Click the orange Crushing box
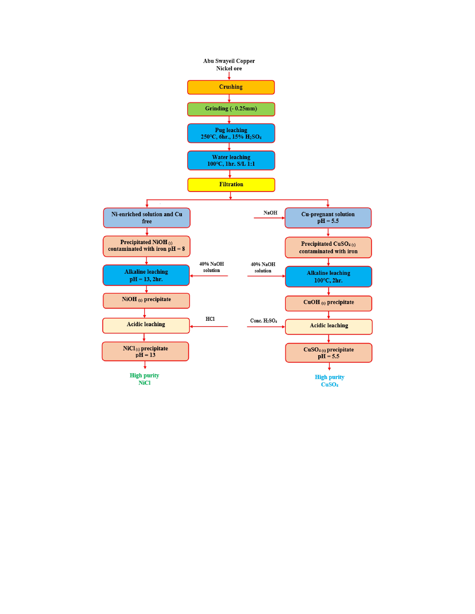point(231,87)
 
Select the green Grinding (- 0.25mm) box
point(231,109)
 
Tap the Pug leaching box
point(231,133)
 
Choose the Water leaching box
point(231,161)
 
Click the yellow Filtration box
point(231,185)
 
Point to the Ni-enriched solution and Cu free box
point(147,218)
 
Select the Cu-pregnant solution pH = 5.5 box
point(328,218)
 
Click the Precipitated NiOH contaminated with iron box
point(146,246)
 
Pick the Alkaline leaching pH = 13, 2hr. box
point(146,275)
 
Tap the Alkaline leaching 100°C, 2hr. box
point(328,277)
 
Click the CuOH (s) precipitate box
point(328,303)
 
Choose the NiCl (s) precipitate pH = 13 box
point(145,351)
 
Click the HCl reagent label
point(210,319)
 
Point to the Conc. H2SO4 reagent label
point(263,321)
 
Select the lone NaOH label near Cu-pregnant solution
point(270,213)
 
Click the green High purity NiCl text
point(144,379)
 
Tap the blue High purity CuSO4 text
point(329,381)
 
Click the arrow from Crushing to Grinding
point(229,98)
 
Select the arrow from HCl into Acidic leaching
point(209,327)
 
